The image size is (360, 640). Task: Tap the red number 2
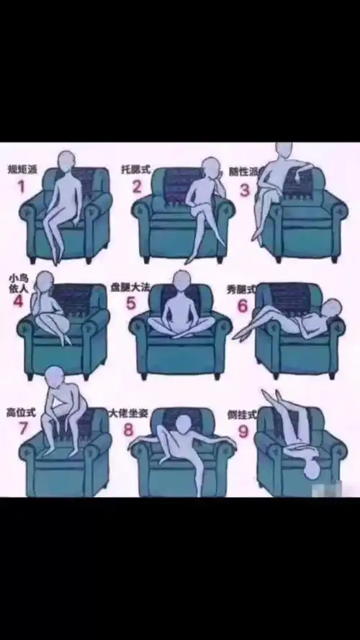click(137, 188)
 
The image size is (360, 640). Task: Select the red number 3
click(245, 190)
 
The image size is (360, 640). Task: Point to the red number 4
click(18, 301)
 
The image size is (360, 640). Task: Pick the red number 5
click(130, 302)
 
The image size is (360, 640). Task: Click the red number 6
click(242, 306)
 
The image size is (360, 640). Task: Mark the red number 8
click(128, 431)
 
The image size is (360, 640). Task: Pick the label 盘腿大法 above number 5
click(140, 287)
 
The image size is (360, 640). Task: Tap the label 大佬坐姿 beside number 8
click(129, 414)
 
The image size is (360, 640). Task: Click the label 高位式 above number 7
click(20, 413)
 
